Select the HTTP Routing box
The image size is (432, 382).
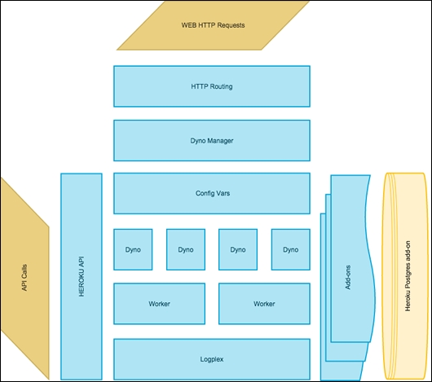[x=211, y=86]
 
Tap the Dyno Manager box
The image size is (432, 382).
[x=211, y=140]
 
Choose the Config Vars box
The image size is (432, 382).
[x=211, y=193]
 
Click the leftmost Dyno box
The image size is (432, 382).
[x=133, y=249]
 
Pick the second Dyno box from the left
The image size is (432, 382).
[x=185, y=249]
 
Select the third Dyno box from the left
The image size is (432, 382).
[x=238, y=249]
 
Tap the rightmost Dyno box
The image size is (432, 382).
[x=290, y=249]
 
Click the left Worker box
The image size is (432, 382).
[x=159, y=303]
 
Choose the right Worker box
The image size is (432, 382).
[x=264, y=303]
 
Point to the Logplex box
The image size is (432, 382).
[x=211, y=358]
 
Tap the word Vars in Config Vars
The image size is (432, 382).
[x=223, y=193]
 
